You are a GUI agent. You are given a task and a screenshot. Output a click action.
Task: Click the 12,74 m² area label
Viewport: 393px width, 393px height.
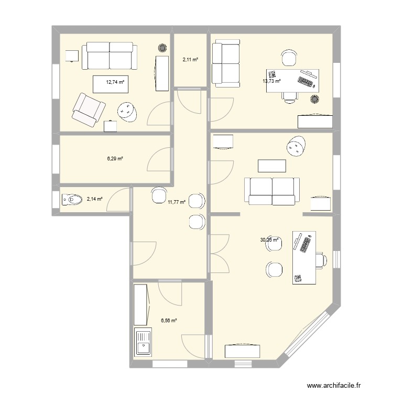pyautogui.click(x=115, y=82)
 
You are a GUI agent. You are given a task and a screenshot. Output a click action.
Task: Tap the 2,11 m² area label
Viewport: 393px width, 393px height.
pyautogui.click(x=190, y=60)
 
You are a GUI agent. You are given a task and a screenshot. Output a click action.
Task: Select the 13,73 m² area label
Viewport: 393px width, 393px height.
pyautogui.click(x=271, y=81)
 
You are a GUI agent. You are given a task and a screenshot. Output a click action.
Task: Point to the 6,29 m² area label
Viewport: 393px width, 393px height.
pyautogui.click(x=115, y=159)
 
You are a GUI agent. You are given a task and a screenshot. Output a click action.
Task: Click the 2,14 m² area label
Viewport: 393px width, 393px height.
pyautogui.click(x=95, y=199)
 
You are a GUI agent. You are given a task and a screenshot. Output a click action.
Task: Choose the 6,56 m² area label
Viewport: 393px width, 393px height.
pyautogui.click(x=168, y=320)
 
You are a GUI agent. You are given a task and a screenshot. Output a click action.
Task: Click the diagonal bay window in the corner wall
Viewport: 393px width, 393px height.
pyautogui.click(x=309, y=335)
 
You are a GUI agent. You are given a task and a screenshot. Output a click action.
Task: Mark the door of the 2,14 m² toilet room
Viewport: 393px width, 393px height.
pyautogui.click(x=122, y=199)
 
